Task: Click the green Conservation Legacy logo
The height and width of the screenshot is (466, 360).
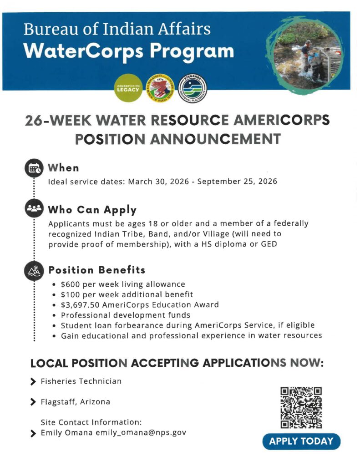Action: [129, 87]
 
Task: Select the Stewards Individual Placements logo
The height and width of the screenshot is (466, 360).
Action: [193, 87]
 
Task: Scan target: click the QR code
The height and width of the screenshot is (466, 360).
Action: [301, 407]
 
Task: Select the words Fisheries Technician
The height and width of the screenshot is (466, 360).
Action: [81, 381]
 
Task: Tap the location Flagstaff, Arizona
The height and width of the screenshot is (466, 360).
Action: [75, 402]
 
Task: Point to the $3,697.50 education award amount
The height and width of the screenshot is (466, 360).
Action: [80, 304]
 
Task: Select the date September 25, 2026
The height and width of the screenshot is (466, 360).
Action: [244, 182]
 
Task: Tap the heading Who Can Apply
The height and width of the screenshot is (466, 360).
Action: [92, 210]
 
